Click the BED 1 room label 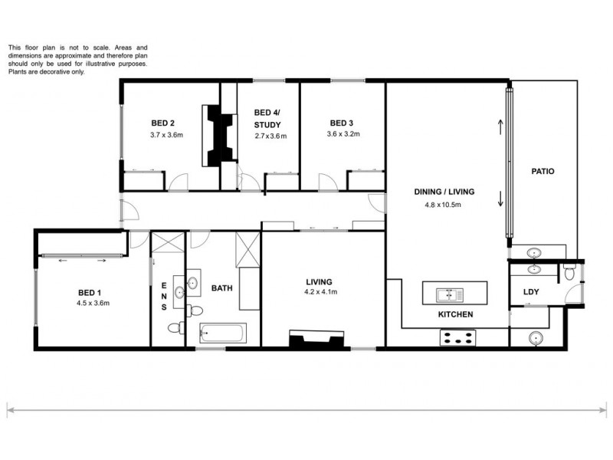(89, 292)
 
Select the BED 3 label (342, 123)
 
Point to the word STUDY (267, 125)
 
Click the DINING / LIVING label (445, 192)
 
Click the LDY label (531, 291)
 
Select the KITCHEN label (454, 315)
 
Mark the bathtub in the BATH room (223, 333)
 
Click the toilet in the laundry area (569, 271)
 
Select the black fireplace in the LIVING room (313, 340)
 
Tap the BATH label (222, 288)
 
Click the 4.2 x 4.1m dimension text (321, 292)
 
